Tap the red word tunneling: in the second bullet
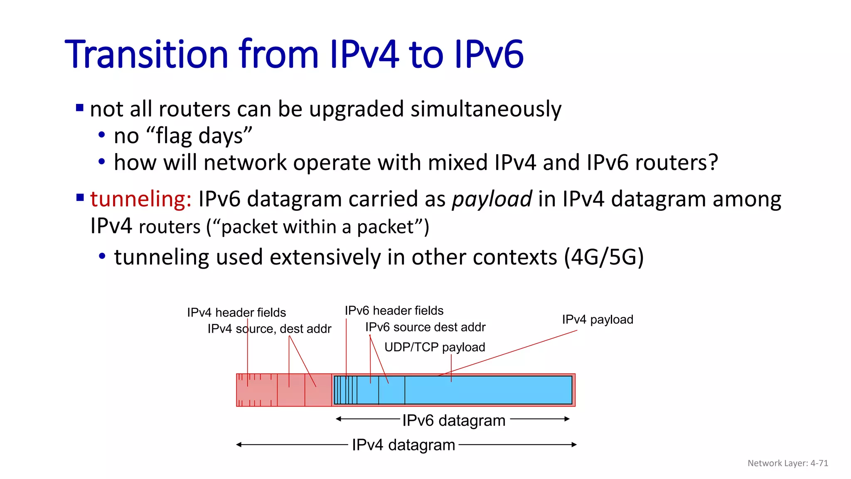coord(140,199)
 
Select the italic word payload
coord(492,199)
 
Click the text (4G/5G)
coord(603,257)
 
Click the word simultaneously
coord(486,109)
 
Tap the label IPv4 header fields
coord(236,312)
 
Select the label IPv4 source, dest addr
coord(269,329)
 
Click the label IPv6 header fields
coord(394,311)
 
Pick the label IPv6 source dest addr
coord(425,327)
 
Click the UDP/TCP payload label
coord(434,347)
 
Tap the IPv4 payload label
coord(598,319)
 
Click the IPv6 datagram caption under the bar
coord(453,420)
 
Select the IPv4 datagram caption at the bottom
coord(403,445)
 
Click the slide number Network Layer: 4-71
coord(787,463)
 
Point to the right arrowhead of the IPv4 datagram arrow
coord(574,444)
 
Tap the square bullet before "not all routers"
coord(80,108)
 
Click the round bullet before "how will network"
coord(102,162)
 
